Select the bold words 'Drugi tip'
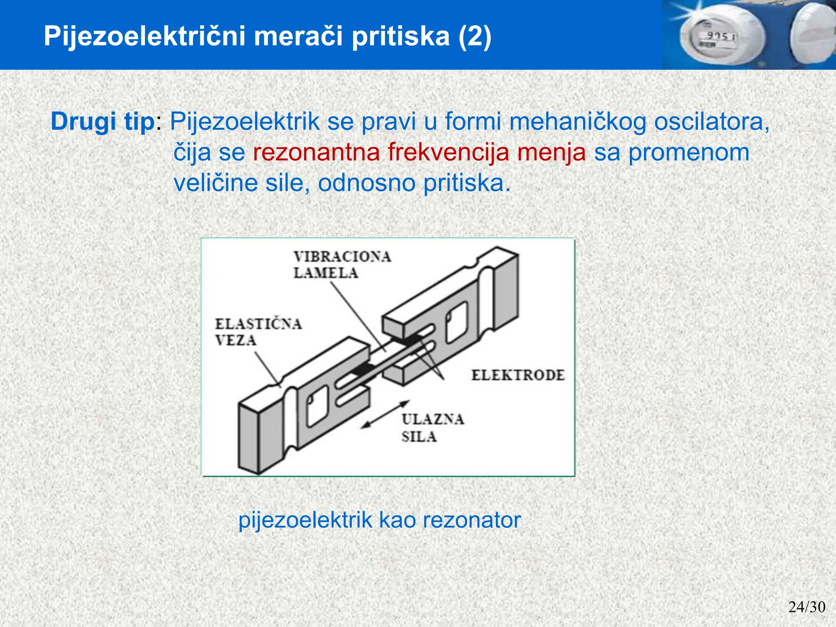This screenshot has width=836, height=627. tap(102, 121)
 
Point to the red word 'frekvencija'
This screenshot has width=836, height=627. tap(448, 152)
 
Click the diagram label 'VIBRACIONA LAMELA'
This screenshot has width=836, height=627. tap(342, 265)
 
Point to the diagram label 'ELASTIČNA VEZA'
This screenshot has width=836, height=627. tap(258, 331)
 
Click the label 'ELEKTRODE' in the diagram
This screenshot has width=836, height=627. tap(518, 375)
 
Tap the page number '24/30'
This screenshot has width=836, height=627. tap(807, 607)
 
